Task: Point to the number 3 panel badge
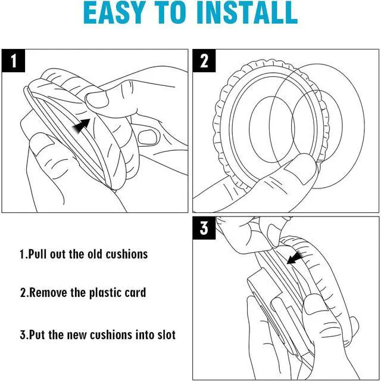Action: pos(204,229)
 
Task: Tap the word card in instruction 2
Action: pos(135,293)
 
